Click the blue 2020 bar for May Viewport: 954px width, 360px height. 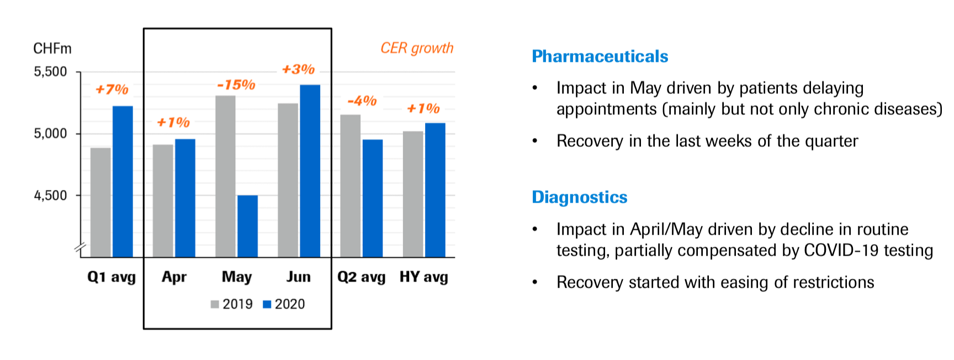click(247, 226)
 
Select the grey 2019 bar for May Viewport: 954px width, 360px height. click(225, 176)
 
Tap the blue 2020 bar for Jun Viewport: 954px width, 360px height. click(310, 171)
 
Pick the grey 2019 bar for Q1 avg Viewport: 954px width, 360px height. click(100, 202)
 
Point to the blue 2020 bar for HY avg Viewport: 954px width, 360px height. click(435, 190)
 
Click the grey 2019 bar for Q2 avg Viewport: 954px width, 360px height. click(351, 186)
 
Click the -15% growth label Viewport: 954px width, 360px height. click(236, 85)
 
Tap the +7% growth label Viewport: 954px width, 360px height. click(112, 89)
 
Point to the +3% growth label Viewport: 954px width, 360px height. click(298, 70)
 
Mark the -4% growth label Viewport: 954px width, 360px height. click(362, 101)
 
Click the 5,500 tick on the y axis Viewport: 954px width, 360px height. click(50, 72)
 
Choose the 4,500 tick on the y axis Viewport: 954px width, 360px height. click(50, 195)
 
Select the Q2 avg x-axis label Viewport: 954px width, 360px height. click(361, 277)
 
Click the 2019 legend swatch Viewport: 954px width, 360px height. click(215, 304)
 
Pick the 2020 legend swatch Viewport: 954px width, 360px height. click(267, 304)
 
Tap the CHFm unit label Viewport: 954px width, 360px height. click(52, 49)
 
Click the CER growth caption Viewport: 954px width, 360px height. click(417, 49)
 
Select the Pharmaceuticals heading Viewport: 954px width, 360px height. click(600, 56)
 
